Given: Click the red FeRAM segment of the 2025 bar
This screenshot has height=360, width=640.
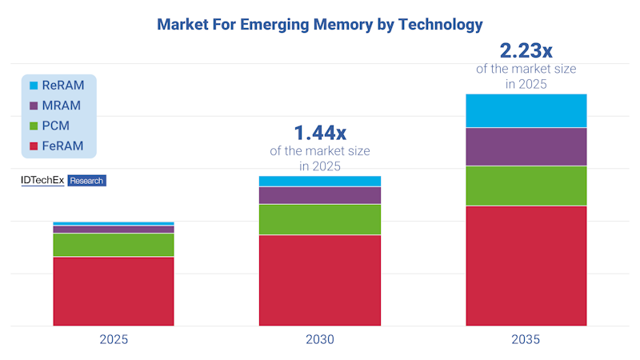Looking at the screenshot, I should (114, 290).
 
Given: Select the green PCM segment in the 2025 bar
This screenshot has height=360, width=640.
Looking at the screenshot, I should (114, 245).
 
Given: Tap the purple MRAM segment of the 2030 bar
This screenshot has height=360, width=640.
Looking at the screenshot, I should (320, 195).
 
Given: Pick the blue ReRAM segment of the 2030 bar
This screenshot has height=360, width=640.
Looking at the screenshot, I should (320, 182).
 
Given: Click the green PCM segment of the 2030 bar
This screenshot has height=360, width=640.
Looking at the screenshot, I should (320, 219).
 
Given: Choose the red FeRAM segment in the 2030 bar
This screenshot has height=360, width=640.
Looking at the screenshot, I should (320, 280).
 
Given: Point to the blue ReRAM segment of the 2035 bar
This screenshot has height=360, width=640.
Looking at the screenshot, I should (526, 110).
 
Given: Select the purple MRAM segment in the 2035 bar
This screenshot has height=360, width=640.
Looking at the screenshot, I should (526, 146).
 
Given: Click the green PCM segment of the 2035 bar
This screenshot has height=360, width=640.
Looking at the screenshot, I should (526, 186).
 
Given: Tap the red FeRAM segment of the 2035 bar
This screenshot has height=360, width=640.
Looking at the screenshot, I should (526, 266).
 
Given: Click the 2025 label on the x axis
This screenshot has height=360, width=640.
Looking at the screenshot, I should (114, 339).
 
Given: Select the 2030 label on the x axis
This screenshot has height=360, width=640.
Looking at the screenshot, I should (320, 339).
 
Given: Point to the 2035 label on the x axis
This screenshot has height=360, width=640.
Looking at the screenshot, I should (526, 339).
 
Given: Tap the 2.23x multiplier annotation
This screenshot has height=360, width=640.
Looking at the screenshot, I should (526, 50).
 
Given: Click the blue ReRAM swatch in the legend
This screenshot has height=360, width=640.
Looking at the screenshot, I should (34, 86).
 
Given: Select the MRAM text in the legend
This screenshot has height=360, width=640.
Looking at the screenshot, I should (65, 106).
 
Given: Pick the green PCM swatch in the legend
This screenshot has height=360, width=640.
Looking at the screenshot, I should (34, 126).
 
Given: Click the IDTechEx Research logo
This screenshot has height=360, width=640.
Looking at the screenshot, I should (63, 181).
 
